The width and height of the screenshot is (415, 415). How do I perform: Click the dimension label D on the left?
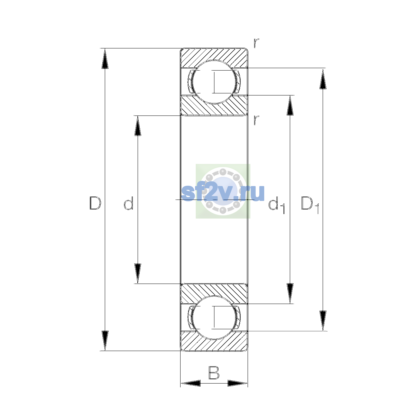pyautogui.click(x=95, y=203)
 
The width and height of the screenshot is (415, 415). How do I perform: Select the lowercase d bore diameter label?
pyautogui.click(x=129, y=203)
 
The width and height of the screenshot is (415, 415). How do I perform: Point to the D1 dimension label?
pyautogui.click(x=310, y=205)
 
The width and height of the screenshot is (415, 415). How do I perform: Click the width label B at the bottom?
pyautogui.click(x=214, y=373)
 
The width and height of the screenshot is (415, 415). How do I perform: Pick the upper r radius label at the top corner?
pyautogui.click(x=256, y=43)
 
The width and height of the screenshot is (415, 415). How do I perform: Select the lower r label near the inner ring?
pyautogui.click(x=256, y=120)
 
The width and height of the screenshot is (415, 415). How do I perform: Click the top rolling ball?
pyautogui.click(x=214, y=82)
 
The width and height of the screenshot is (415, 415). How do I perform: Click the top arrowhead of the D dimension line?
pyautogui.click(x=105, y=58)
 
